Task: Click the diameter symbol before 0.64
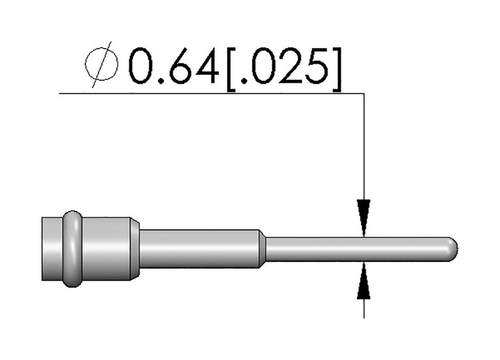click(x=102, y=65)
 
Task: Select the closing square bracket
click(x=337, y=69)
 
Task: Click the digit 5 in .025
click(x=316, y=66)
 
